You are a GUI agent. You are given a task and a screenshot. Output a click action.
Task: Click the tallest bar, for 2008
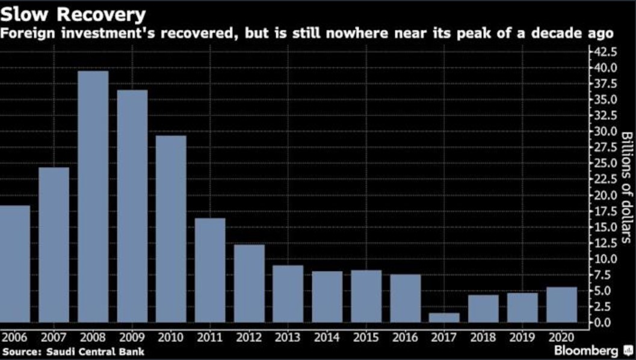tap(93, 197)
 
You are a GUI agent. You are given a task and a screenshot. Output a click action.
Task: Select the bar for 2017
tap(444, 317)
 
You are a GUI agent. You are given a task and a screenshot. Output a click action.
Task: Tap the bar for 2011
tap(210, 270)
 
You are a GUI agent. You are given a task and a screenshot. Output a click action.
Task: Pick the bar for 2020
tap(561, 305)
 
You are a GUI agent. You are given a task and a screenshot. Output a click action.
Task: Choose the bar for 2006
tap(14, 264)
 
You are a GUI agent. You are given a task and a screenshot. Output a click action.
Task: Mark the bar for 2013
tap(288, 294)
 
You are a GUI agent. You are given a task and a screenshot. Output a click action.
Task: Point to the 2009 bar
tap(132, 206)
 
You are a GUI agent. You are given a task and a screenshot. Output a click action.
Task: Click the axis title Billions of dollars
tap(625, 187)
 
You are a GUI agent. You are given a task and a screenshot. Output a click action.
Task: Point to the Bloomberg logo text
tap(586, 350)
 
